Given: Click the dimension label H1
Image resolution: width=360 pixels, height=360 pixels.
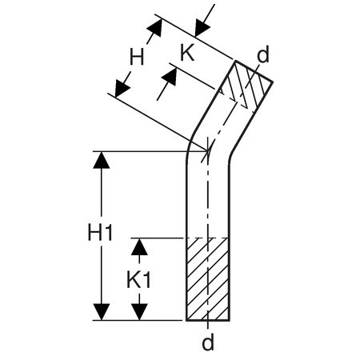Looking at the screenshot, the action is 100,233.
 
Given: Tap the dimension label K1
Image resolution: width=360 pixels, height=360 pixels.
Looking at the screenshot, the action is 138,280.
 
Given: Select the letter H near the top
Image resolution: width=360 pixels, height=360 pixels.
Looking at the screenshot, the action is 137,56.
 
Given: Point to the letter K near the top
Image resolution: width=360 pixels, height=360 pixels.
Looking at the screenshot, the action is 187,52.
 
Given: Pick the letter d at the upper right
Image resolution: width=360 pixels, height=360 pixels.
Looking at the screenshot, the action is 263,54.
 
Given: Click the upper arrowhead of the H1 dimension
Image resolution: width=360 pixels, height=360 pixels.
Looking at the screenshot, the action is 102,160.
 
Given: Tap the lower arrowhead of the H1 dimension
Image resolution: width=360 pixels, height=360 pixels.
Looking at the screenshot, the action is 102,312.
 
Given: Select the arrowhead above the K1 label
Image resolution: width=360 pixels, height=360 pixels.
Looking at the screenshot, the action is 139,246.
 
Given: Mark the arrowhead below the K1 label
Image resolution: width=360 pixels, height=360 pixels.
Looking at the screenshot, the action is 139,312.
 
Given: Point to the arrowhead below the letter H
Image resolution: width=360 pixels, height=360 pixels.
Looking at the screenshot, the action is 122,88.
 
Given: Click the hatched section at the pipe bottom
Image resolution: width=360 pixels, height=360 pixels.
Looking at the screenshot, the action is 208,278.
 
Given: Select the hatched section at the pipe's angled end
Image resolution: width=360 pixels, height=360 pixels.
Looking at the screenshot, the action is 246,85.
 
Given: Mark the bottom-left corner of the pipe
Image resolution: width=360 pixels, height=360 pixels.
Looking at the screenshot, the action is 186,320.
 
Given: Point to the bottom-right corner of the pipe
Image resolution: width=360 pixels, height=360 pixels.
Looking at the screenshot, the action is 229,320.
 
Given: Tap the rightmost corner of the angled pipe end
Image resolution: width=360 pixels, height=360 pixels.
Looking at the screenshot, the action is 272,82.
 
